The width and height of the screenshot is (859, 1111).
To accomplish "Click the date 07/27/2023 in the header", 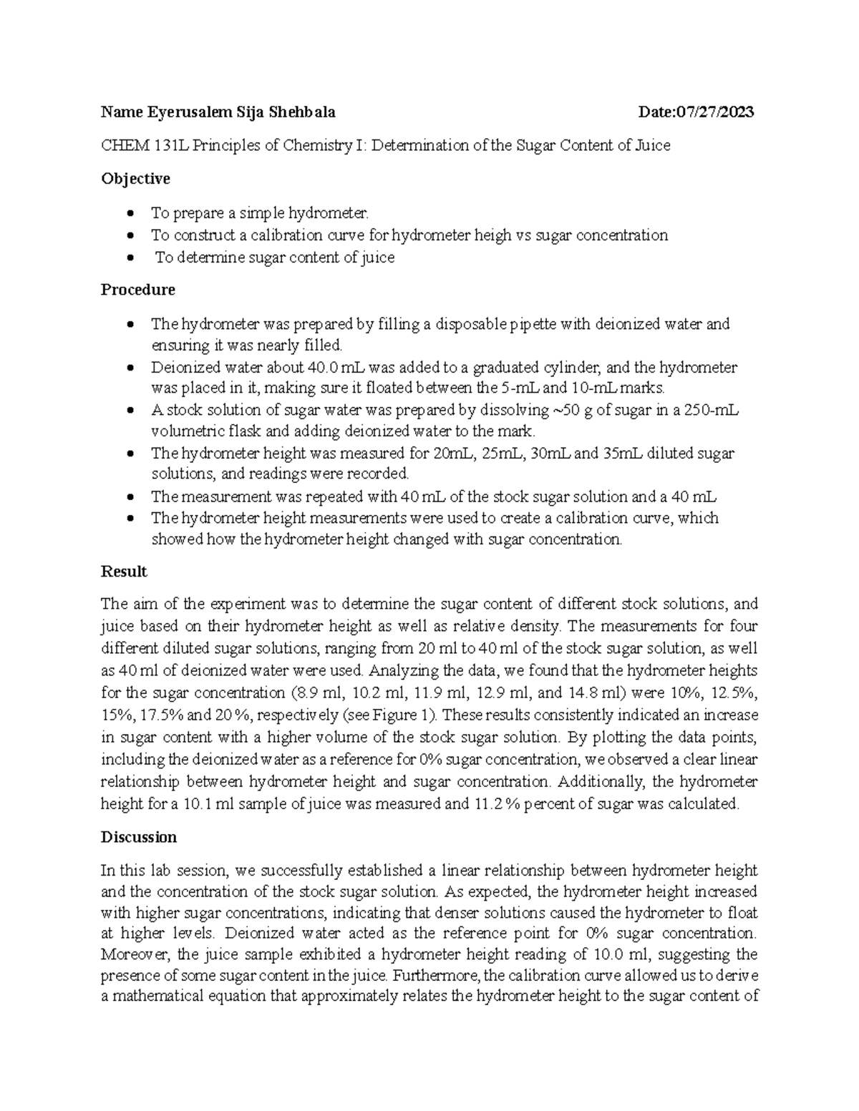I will click(x=714, y=112).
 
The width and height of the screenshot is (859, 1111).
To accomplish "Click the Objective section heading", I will click(x=135, y=179).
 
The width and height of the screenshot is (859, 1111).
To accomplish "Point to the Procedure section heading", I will click(x=137, y=290).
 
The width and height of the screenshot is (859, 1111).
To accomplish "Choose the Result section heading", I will click(x=124, y=572).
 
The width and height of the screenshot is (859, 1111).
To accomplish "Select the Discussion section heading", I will click(x=139, y=837).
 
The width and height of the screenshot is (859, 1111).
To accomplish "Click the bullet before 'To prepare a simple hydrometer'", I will click(x=129, y=213).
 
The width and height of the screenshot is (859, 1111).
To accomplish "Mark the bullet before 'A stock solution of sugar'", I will click(x=129, y=411).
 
